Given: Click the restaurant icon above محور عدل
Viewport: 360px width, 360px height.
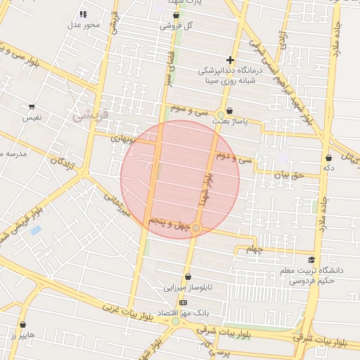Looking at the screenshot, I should click(83, 14).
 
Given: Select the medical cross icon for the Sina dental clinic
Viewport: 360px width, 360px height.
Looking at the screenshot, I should click(229, 60).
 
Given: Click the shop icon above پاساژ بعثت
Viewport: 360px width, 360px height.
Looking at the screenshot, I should click(229, 110).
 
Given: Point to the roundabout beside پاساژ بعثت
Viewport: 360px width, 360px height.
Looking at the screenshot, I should click(221, 114).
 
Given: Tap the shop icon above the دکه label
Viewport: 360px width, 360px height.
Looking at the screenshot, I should click(328, 158).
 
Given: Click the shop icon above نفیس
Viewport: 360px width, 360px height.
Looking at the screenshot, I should click(32, 107).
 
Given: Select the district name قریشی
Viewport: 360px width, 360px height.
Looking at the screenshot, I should click(91, 113).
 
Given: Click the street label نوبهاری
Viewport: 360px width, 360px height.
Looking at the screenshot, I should click(127, 139).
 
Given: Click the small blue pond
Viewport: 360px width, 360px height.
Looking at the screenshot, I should click(35, 230).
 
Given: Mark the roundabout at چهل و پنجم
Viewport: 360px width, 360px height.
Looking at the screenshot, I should click(196, 229).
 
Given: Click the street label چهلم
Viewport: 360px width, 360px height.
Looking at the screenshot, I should click(252, 249).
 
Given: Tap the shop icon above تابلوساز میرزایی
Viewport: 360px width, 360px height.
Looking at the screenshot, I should click(188, 276).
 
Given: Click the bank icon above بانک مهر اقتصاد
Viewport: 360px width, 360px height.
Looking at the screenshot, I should click(183, 302).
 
